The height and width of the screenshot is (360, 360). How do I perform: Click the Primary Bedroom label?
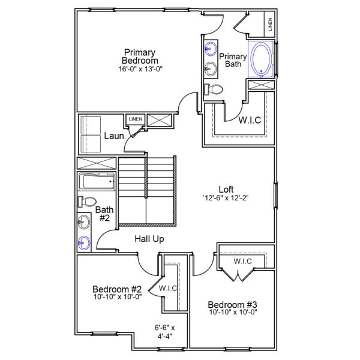[x=140, y=56]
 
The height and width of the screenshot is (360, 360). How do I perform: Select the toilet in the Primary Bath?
[x=214, y=89]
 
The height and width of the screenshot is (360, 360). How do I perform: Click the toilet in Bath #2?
[x=86, y=202]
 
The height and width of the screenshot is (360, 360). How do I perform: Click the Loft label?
[x=226, y=188]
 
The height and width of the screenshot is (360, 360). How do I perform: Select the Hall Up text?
[x=149, y=239]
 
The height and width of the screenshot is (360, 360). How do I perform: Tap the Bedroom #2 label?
[x=117, y=289]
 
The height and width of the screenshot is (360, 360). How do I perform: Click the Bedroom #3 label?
[x=232, y=304]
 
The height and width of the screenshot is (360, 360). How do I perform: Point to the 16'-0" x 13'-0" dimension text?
[x=140, y=69]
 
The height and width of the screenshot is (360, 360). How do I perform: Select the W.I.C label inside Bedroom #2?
[x=167, y=289]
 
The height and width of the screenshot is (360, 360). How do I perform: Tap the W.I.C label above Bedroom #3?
[x=243, y=261]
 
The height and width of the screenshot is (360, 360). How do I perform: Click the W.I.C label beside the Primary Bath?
[x=250, y=120]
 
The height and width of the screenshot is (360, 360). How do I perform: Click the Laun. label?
[x=114, y=136]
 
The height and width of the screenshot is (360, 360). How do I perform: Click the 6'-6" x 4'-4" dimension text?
[x=164, y=332]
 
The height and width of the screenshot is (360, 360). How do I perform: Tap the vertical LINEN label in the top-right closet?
[x=270, y=25]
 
